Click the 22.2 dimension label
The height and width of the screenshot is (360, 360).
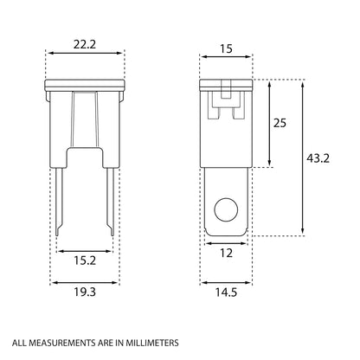coord(84,45)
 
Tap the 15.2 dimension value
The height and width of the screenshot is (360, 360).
coord(85,260)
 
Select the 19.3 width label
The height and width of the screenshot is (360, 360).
coord(85,292)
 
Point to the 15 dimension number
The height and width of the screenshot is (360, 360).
coord(226,49)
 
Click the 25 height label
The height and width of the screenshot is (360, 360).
coord(280,124)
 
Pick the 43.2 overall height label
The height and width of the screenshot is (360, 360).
coord(318,158)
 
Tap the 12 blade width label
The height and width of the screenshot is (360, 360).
coord(226,254)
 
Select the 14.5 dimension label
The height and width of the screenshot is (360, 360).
coord(226,292)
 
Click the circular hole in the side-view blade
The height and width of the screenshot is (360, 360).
coord(226,210)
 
